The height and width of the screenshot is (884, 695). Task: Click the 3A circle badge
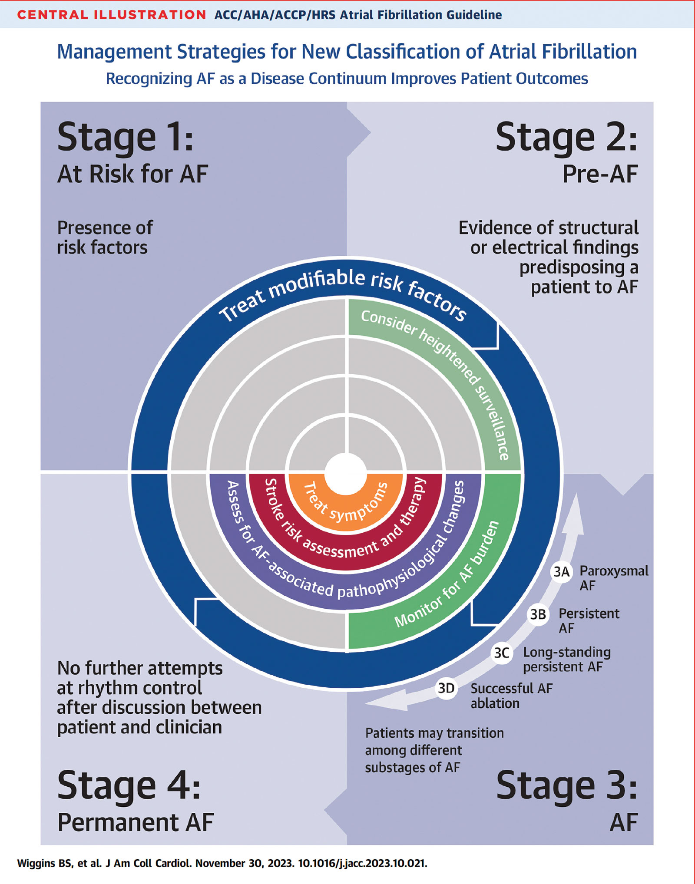tap(561, 572)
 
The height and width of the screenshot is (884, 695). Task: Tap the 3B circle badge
tap(538, 614)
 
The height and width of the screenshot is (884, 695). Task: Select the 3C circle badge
tap(502, 653)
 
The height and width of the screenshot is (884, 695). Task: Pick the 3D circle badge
tap(446, 688)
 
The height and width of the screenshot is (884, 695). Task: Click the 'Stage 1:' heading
tap(125, 138)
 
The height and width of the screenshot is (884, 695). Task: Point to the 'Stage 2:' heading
tap(566, 138)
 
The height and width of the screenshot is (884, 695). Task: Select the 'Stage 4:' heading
tap(129, 786)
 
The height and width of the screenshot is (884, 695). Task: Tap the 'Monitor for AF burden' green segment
tap(447, 577)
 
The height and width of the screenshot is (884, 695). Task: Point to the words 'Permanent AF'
tap(136, 822)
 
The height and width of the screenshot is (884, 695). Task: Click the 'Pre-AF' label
tap(600, 174)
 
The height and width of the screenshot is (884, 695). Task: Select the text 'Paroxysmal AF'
tap(613, 577)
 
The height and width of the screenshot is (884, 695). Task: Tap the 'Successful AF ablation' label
tap(511, 695)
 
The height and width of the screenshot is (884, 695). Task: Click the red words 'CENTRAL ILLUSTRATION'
tap(112, 15)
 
